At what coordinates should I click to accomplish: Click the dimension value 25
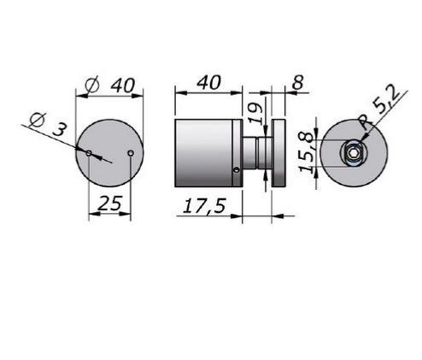click(110, 203)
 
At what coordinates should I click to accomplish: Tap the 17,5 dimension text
click(204, 206)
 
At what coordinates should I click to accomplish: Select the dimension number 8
click(298, 83)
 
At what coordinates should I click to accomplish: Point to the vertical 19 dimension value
click(256, 113)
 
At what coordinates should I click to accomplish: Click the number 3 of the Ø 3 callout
click(60, 130)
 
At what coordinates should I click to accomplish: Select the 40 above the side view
click(209, 82)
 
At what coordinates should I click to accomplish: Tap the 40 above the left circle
click(122, 86)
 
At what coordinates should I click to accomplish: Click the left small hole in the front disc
click(89, 153)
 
